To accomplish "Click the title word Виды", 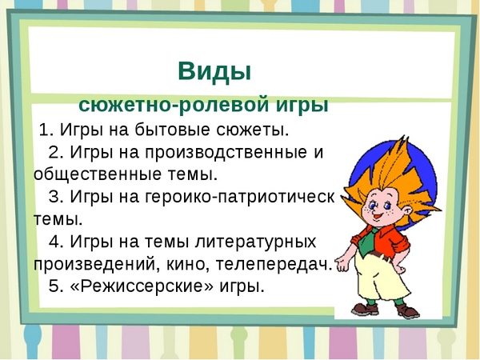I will click(x=214, y=71).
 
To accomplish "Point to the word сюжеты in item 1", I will click(x=253, y=130).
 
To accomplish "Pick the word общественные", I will click(x=94, y=174).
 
